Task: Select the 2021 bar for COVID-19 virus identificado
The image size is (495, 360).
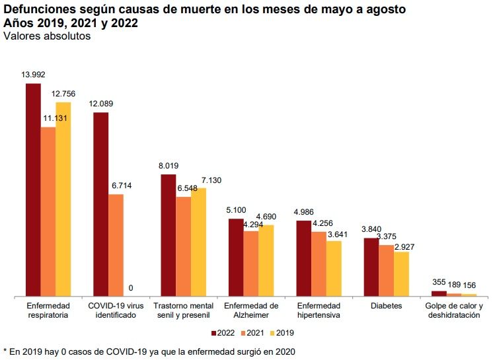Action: (116, 245)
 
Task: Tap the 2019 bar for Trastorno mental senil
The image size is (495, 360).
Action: (198, 242)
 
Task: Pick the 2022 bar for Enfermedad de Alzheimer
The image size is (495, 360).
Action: (236, 257)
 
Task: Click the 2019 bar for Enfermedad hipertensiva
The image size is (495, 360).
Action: (334, 268)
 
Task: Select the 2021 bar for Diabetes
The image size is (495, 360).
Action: (386, 270)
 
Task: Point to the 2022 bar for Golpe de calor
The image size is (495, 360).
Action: (439, 293)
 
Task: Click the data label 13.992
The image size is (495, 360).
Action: (33, 75)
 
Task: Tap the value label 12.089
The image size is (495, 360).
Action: (101, 104)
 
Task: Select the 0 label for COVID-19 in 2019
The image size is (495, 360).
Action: (131, 288)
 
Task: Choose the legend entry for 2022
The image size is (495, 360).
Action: (223, 332)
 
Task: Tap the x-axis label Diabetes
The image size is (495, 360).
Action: (386, 306)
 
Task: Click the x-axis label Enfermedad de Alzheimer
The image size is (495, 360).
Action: (250, 311)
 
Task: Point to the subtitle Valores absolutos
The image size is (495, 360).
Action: (47, 36)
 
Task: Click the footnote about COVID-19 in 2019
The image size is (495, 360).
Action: (149, 351)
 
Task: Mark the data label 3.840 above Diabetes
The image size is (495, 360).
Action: (373, 229)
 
